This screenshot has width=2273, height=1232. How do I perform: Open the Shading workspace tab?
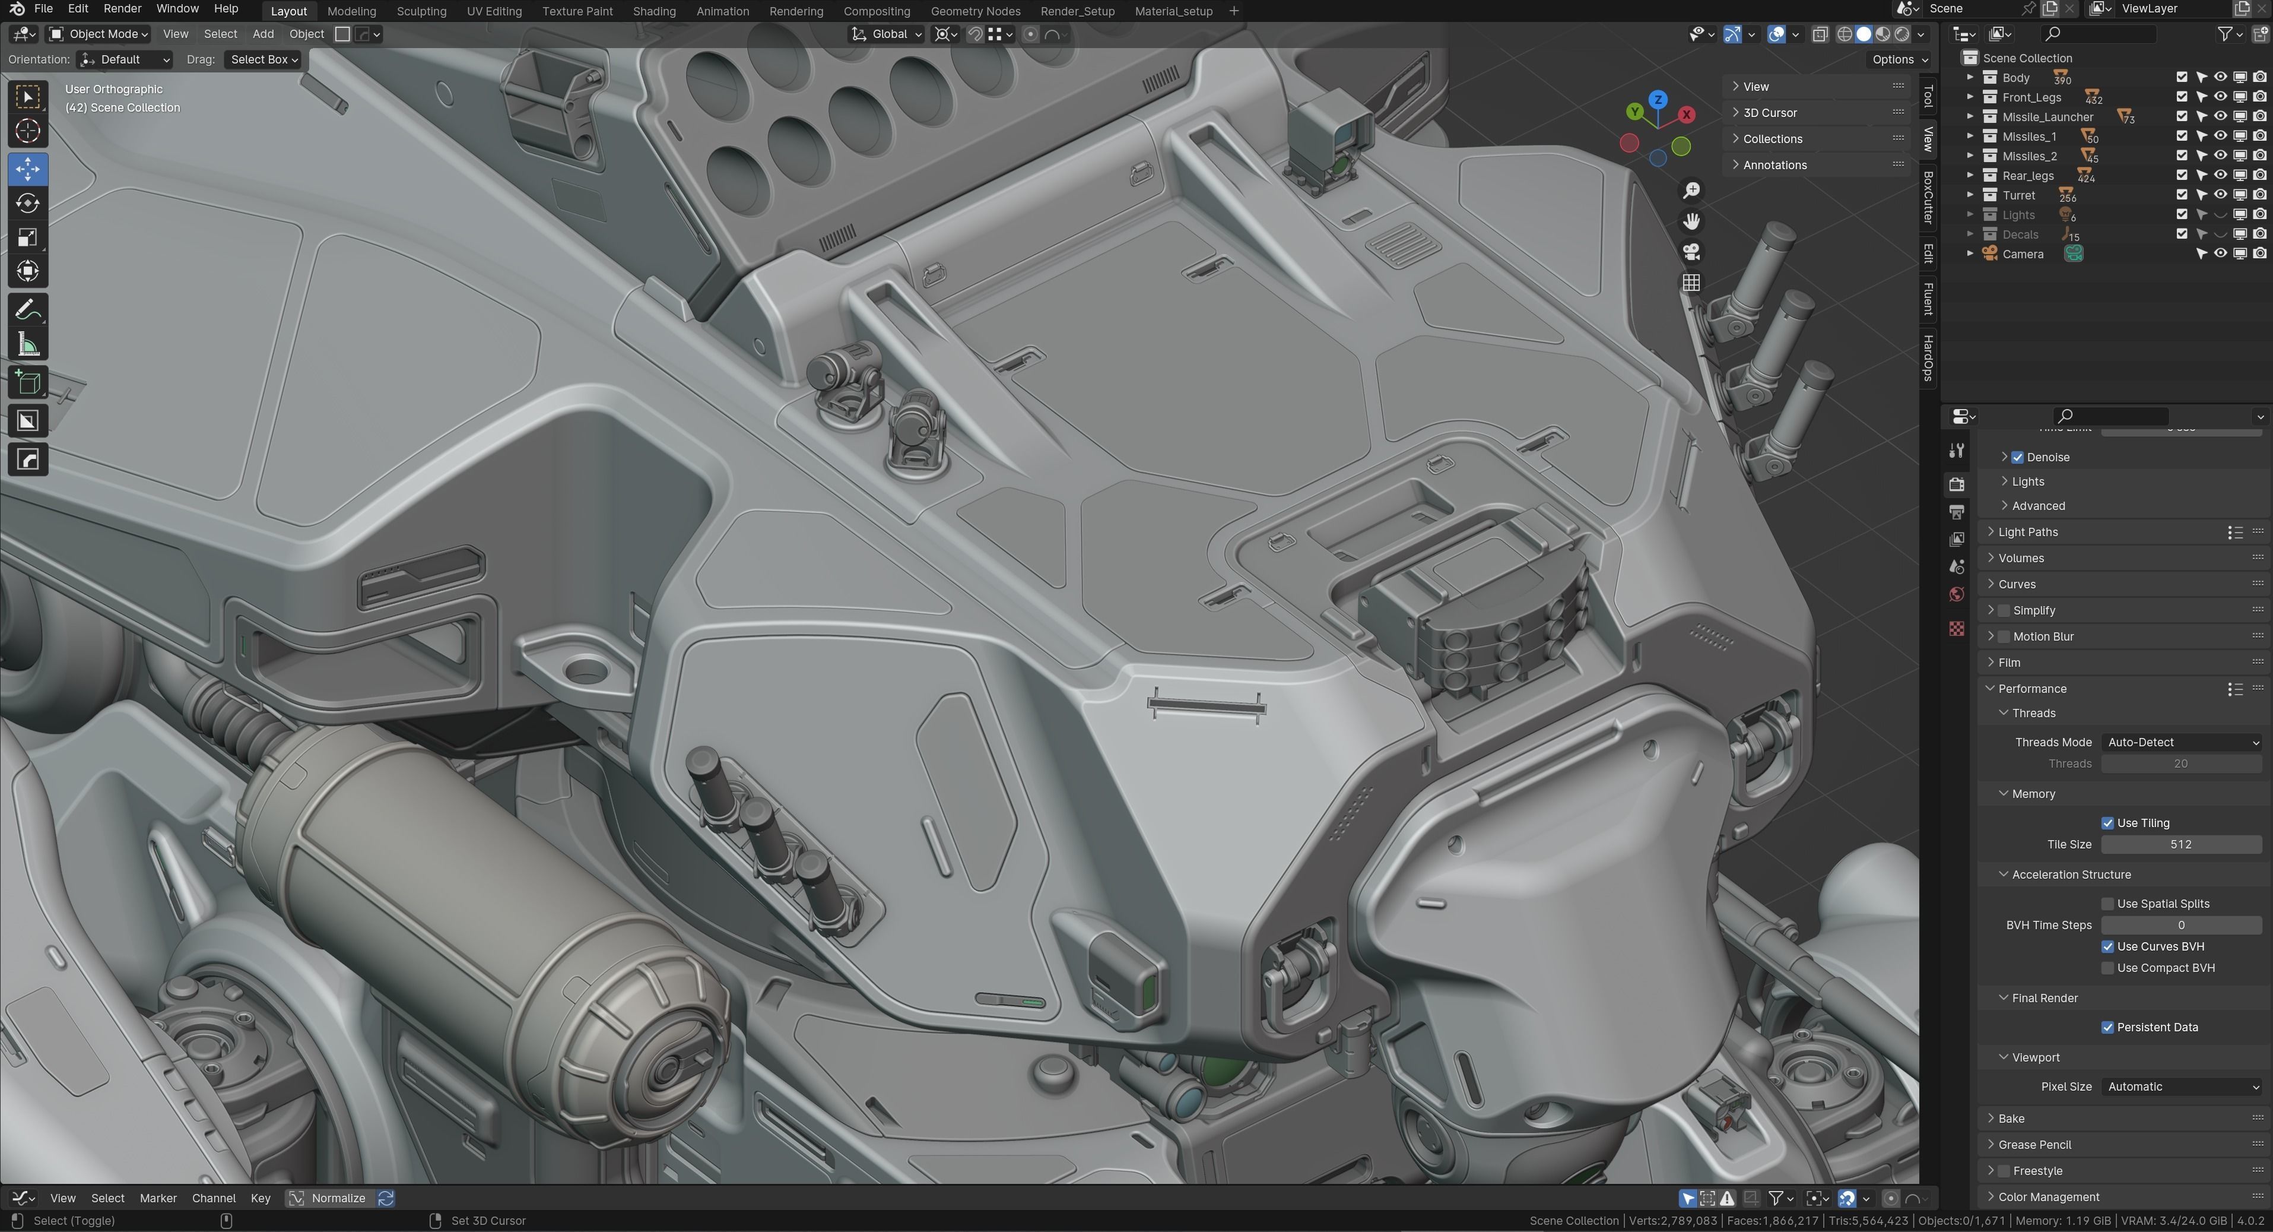coord(654,11)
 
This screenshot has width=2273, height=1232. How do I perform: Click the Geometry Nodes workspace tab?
coord(975,11)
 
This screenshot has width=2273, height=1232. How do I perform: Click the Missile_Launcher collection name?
coord(2047,116)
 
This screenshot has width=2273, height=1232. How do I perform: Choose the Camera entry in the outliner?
coord(2023,254)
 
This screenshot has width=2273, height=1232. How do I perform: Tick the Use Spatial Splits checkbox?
coord(2107,904)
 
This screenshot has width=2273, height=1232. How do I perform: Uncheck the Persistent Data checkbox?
coord(2107,1027)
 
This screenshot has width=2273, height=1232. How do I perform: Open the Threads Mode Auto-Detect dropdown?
coord(2181,742)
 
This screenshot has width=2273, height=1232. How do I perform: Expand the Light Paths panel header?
coord(2028,532)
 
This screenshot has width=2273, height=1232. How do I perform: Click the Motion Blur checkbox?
coord(2004,636)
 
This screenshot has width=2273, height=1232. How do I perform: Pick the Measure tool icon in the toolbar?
coord(27,345)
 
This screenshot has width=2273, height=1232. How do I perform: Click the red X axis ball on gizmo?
coord(1686,115)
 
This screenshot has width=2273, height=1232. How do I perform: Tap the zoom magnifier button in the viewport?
coord(1691,191)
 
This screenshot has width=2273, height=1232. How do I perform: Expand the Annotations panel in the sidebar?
coord(1774,165)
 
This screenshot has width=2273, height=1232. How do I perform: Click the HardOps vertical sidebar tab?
coord(1928,357)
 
